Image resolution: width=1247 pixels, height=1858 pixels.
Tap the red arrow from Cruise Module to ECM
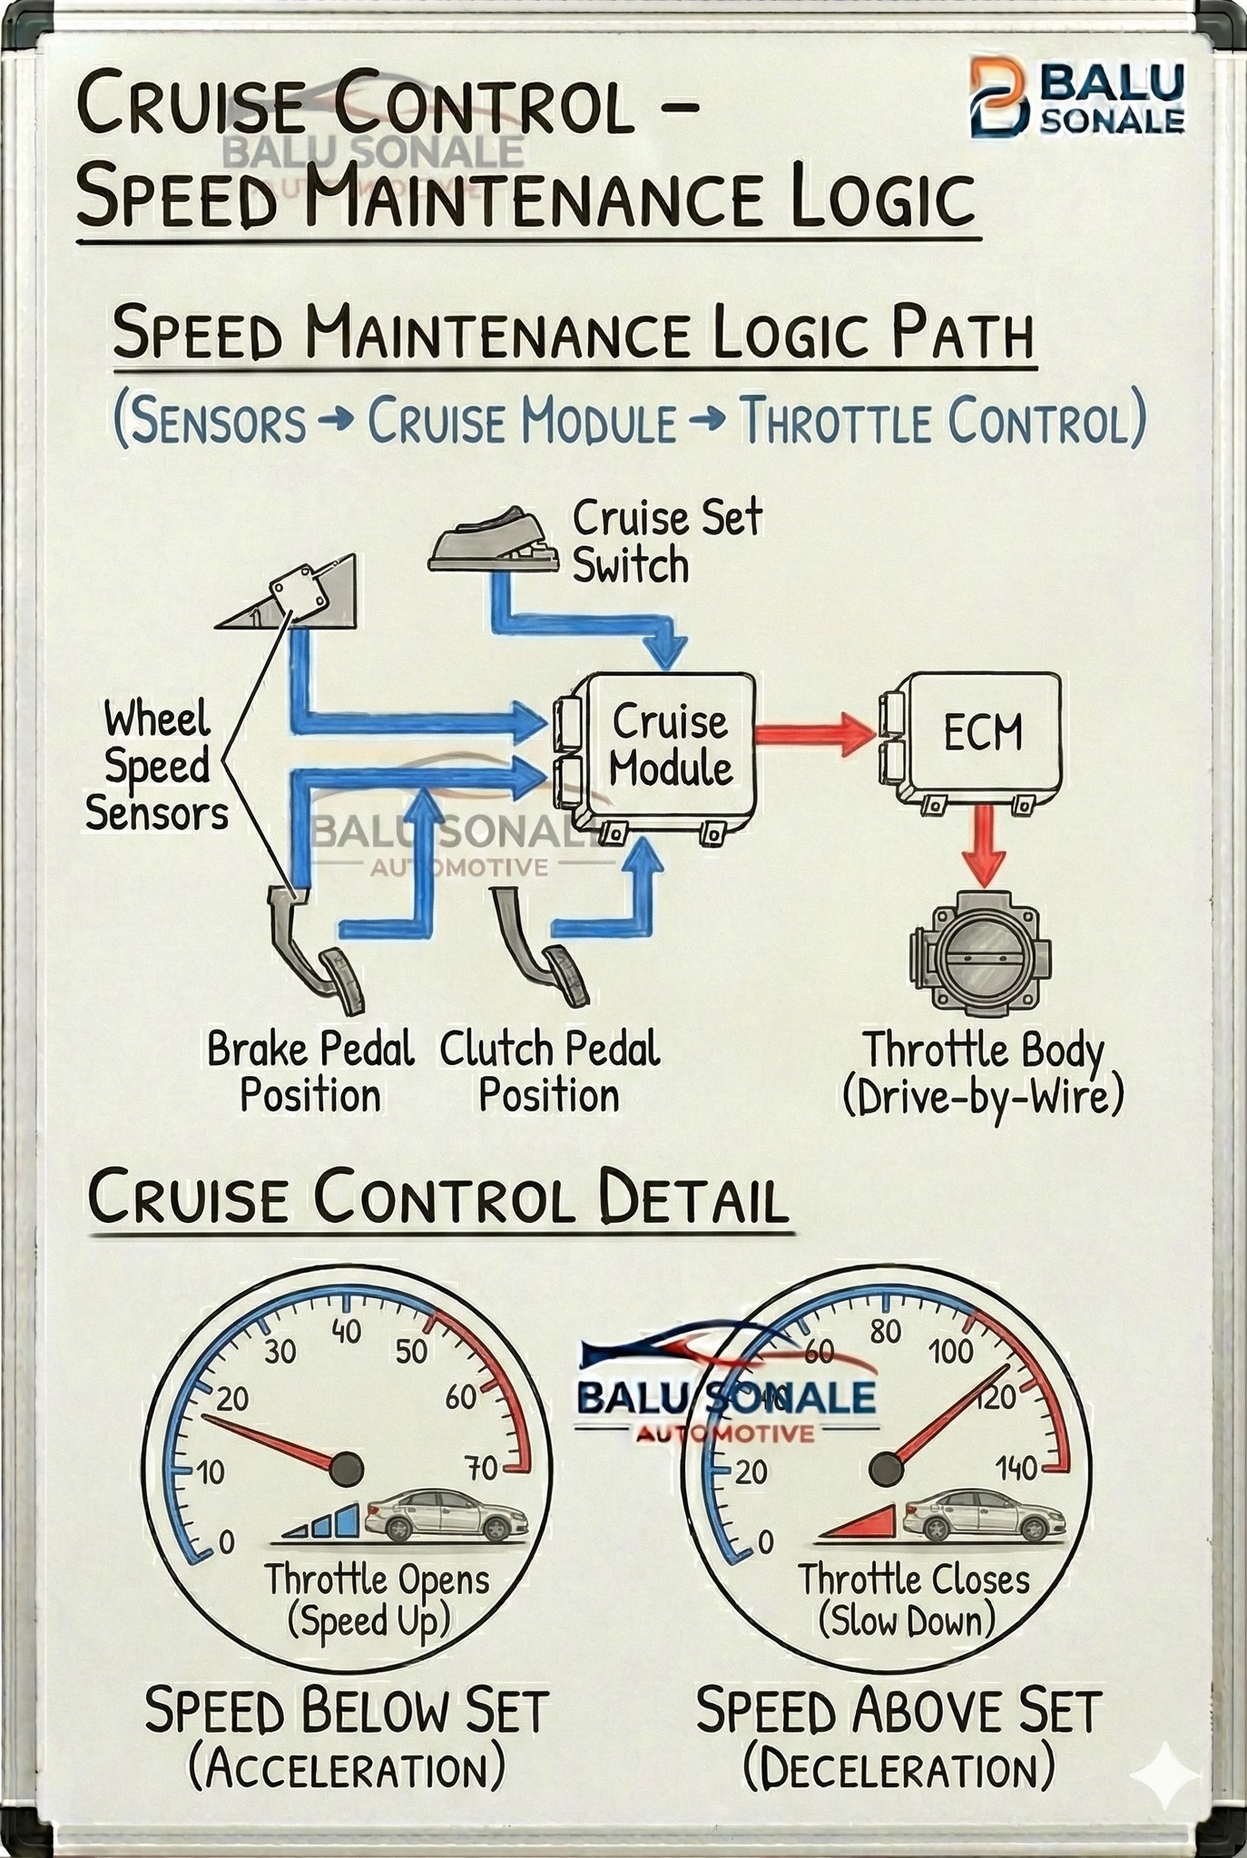tap(815, 734)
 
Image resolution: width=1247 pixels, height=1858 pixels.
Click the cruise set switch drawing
tap(496, 544)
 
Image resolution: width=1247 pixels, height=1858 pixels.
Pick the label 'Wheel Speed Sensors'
tap(156, 766)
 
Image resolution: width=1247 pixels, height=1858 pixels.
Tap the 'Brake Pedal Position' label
tap(310, 1072)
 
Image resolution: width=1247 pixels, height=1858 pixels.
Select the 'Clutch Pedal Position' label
tap(550, 1072)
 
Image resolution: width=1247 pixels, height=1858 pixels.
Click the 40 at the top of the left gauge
tap(346, 1332)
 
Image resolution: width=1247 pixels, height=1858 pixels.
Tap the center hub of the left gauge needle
tap(346, 1469)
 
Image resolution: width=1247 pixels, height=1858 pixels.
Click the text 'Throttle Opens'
tap(377, 1580)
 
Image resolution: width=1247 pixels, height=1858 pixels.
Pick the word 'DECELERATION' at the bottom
tap(899, 1772)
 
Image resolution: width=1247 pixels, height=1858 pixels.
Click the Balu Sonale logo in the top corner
tap(1076, 98)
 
